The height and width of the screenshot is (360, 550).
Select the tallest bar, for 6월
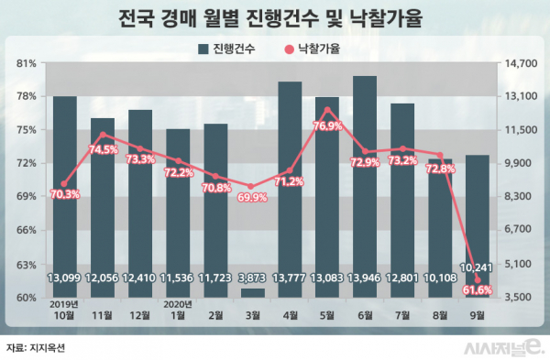click(364, 183)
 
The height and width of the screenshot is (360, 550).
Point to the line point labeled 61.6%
click(478, 280)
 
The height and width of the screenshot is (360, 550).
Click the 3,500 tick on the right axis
click(521, 298)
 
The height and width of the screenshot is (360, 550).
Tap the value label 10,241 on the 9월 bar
click(478, 267)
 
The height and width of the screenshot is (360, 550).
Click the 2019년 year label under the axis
click(64, 304)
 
